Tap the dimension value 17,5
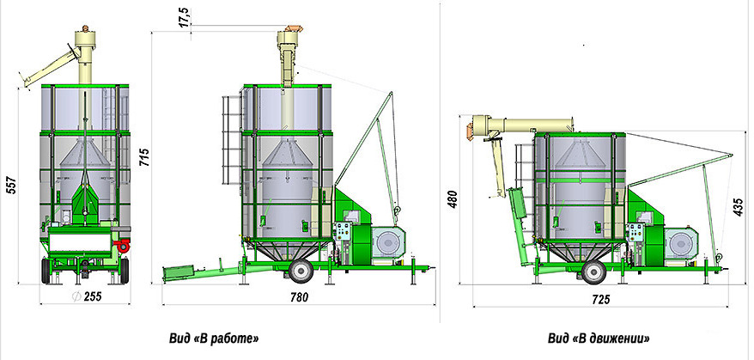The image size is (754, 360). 184,17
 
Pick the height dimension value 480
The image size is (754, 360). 453,198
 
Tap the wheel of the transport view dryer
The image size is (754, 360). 593,272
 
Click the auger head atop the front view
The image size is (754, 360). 84,39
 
